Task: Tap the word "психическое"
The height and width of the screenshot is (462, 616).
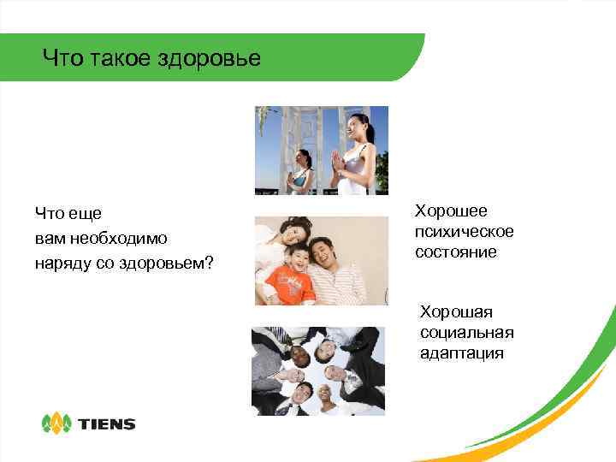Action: (x=464, y=231)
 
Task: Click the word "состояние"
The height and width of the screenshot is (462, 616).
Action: (x=456, y=252)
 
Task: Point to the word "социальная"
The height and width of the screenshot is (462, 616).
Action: (x=466, y=332)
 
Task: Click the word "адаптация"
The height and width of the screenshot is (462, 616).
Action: (x=462, y=352)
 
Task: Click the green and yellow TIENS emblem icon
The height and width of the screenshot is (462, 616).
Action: (x=57, y=423)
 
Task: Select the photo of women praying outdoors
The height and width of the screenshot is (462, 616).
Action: (x=322, y=151)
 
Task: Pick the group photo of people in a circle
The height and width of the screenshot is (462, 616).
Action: (x=318, y=371)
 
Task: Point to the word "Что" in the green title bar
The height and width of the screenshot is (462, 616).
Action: (x=58, y=59)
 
